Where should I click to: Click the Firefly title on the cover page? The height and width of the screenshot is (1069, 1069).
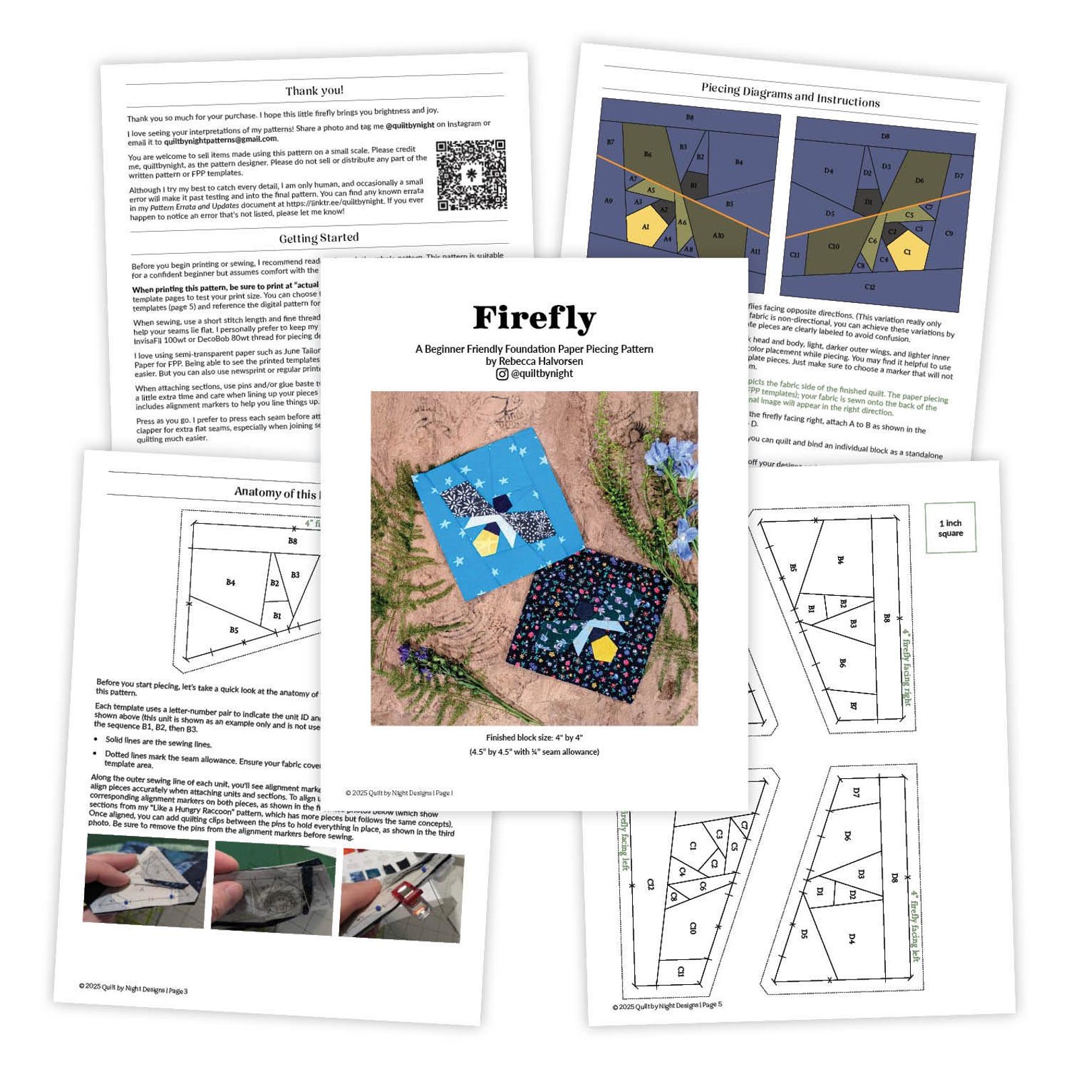(x=534, y=318)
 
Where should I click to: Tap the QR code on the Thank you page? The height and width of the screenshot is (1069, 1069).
(x=471, y=175)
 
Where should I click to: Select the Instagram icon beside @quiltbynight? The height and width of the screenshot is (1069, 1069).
(x=502, y=374)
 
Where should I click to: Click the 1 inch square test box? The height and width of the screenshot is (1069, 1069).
(x=950, y=528)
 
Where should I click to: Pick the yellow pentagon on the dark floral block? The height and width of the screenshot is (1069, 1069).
(x=604, y=648)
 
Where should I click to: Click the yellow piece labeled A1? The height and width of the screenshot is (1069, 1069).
(x=645, y=226)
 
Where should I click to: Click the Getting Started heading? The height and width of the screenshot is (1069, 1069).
(x=319, y=238)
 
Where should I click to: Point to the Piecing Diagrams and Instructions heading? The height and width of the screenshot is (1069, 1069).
(x=790, y=95)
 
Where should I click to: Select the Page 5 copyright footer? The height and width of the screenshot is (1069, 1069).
(x=667, y=1006)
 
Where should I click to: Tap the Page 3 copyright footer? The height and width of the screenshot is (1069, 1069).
(x=133, y=988)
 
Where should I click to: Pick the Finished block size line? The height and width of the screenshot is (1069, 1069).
(x=534, y=738)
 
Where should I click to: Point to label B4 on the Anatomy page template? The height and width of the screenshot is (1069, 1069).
(x=230, y=582)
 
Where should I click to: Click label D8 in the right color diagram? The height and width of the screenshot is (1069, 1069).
(x=885, y=136)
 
